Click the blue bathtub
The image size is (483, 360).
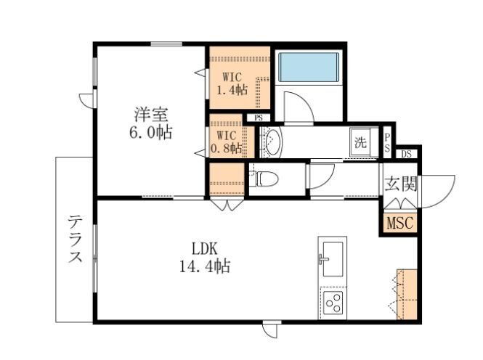tap(309, 67)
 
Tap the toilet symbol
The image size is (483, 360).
tap(264, 179)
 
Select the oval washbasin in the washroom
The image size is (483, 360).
tap(273, 142)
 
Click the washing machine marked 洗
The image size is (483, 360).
tap(360, 142)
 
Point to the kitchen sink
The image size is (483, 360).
tap(333, 259)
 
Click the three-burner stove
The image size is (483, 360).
tap(333, 303)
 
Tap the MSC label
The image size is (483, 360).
tap(399, 223)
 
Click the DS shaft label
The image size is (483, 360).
tap(406, 155)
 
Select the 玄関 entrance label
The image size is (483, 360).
tap(400, 184)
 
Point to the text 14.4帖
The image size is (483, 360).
tap(205, 266)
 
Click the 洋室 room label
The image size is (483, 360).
tap(151, 115)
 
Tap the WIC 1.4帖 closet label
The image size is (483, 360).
tap(232, 83)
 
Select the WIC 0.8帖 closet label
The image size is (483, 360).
tap(226, 142)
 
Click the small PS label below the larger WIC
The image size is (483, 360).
tap(259, 118)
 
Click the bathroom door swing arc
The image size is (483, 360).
tap(304, 100)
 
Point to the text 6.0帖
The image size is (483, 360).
tap(150, 133)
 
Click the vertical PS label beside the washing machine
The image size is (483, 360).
tap(387, 142)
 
